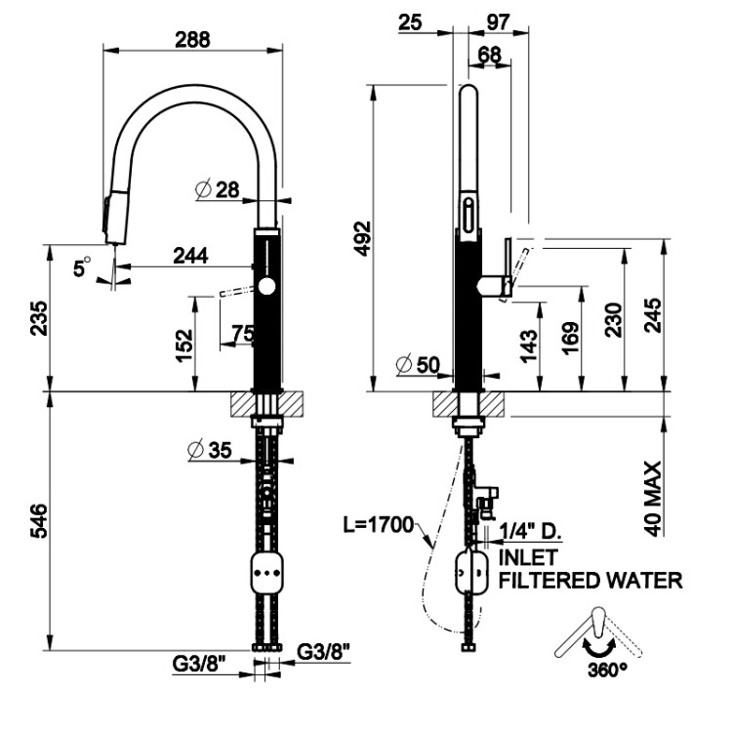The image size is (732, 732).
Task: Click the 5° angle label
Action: click(x=83, y=264)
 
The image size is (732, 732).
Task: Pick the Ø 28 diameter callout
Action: click(x=218, y=189)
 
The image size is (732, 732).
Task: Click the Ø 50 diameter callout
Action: click(x=419, y=366)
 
